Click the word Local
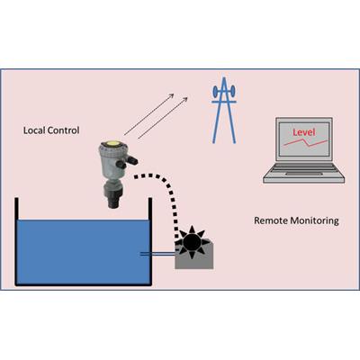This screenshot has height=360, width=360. (34, 130)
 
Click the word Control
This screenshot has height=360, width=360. (64, 130)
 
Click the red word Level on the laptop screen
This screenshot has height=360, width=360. (304, 132)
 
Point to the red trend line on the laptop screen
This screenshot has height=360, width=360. (306, 142)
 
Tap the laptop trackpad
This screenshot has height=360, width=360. (304, 174)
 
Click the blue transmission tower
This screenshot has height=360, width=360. (224, 111)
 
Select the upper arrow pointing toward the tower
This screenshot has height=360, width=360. (149, 114)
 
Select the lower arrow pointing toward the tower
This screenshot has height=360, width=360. (163, 118)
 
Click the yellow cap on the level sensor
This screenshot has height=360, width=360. (114, 145)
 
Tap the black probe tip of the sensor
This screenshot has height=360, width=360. (113, 203)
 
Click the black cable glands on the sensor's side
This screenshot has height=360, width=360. (127, 161)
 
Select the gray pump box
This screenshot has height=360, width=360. (194, 256)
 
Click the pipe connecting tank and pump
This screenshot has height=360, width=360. (157, 255)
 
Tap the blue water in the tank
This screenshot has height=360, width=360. (83, 252)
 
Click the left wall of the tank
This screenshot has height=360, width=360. (16, 241)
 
